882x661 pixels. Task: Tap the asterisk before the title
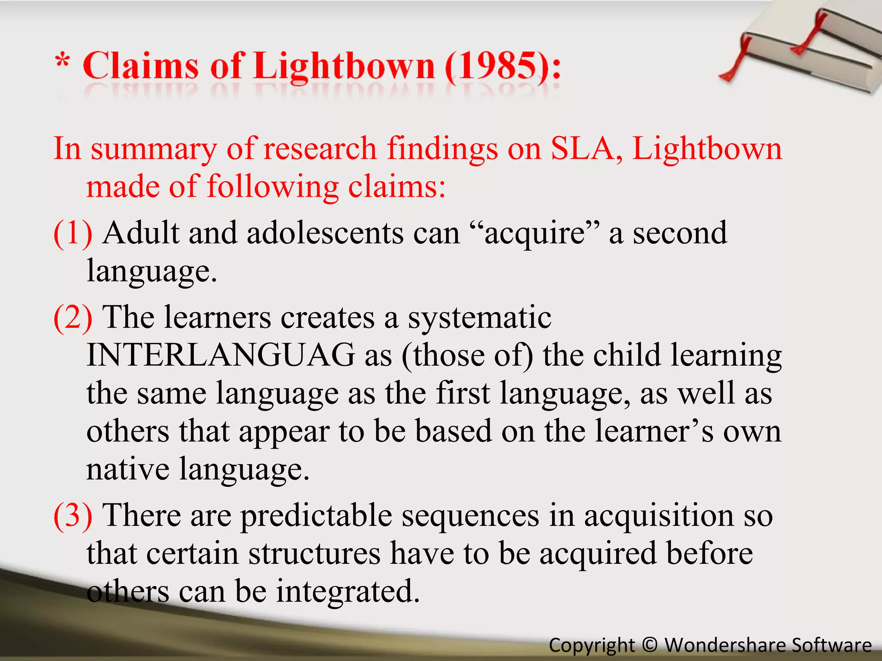[x=63, y=61]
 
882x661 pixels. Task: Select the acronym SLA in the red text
[x=587, y=148]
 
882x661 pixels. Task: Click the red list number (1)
[x=73, y=233]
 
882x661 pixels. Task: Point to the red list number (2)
[x=73, y=317]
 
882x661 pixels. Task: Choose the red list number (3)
[x=73, y=515]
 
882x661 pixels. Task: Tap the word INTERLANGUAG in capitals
[x=221, y=355]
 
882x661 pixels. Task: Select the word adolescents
[x=325, y=233]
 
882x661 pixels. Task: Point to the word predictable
[x=316, y=516]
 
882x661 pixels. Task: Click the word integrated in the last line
[x=347, y=591]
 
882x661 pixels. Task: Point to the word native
[x=127, y=469]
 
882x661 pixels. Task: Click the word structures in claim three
[x=314, y=553]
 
